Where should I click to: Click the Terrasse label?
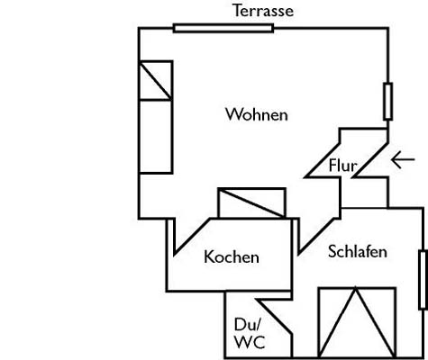[x=263, y=11]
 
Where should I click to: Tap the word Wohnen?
[x=257, y=114]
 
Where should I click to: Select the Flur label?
[x=343, y=166]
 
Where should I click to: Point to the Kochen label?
[x=232, y=257]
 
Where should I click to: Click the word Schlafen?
[x=358, y=251]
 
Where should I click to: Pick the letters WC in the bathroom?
[x=250, y=342]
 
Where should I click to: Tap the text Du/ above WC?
[x=248, y=325]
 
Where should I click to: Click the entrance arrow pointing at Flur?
[x=403, y=159]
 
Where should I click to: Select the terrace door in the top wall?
[x=223, y=28]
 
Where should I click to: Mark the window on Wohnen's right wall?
[x=387, y=102]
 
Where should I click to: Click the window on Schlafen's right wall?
[x=423, y=280]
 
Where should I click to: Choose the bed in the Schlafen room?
[x=357, y=322]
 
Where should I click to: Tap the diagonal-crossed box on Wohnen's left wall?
[x=156, y=80]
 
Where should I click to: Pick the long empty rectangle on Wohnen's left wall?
[x=156, y=137]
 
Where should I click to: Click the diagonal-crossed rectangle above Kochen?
[x=251, y=202]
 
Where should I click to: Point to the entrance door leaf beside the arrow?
[x=371, y=159]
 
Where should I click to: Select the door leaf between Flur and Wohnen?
[x=323, y=160]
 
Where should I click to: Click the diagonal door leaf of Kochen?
[x=192, y=237]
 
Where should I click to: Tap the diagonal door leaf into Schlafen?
[x=316, y=237]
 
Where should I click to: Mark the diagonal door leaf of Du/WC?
[x=274, y=316]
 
